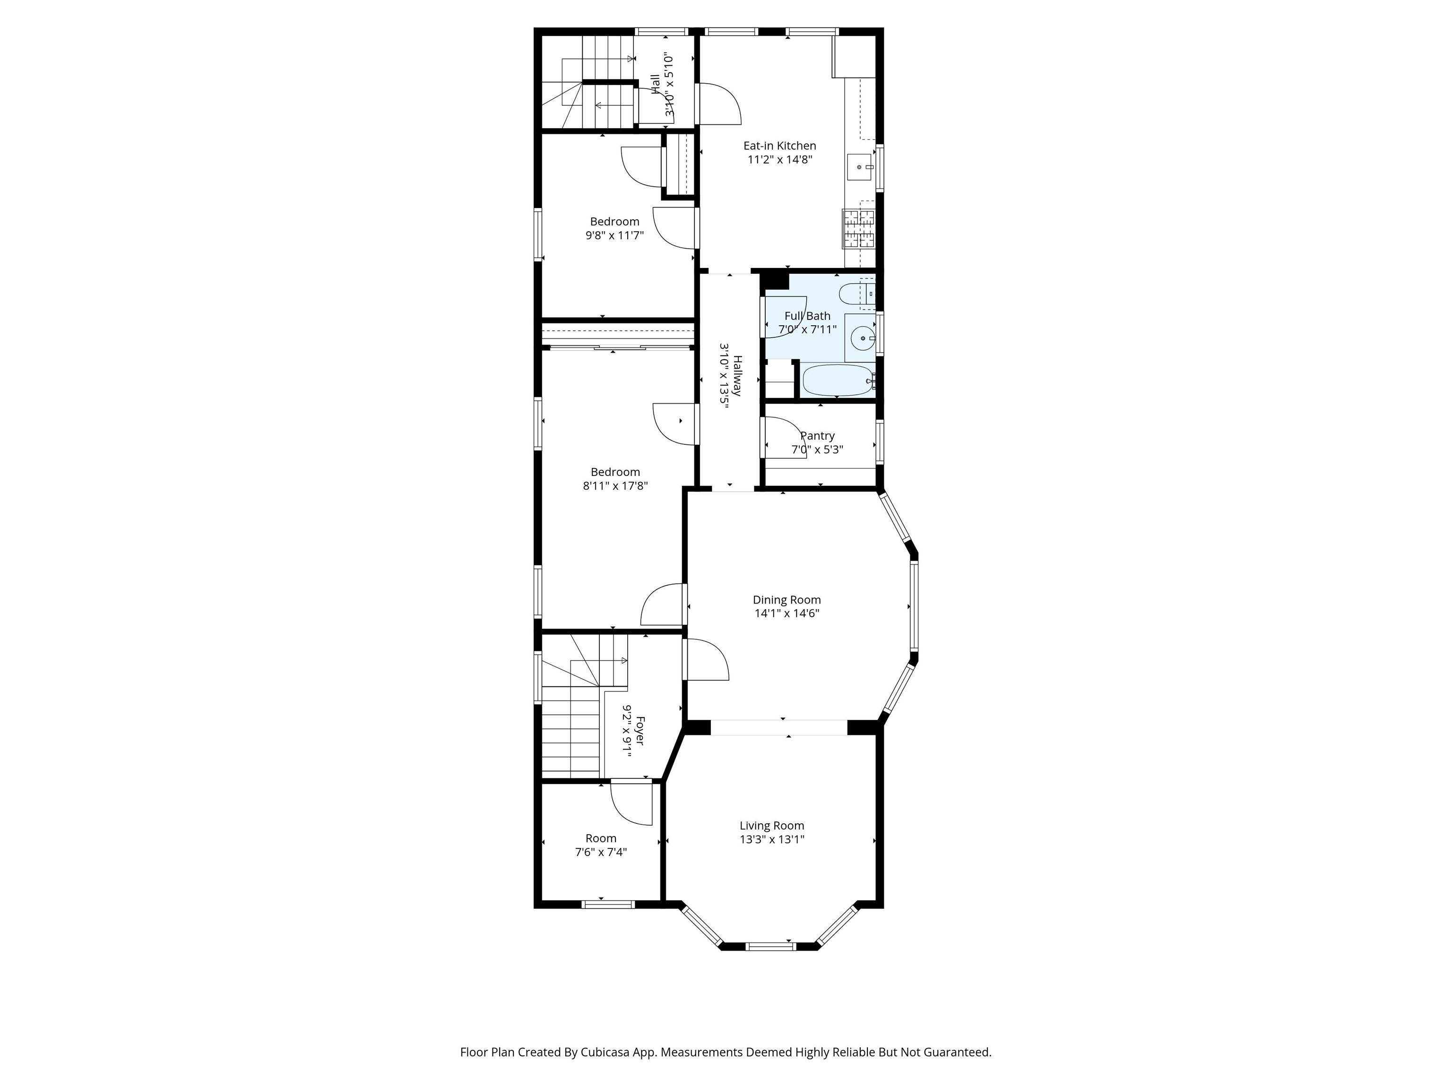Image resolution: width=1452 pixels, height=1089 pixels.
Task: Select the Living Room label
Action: [x=771, y=826]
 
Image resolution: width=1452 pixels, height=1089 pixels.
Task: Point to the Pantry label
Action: [x=817, y=436]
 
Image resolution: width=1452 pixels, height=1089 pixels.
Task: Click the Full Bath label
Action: [x=807, y=316]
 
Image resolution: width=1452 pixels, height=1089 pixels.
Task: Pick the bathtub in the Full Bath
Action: [x=838, y=380]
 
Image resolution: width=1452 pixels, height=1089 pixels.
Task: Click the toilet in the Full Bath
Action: [x=856, y=295]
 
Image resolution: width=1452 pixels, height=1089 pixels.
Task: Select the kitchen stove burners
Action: [x=859, y=228]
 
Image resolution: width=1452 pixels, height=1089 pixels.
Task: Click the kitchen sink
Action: [x=860, y=167]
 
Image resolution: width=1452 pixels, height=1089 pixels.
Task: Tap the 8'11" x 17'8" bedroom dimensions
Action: [x=615, y=486]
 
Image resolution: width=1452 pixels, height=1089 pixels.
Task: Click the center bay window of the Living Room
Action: [x=771, y=946]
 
